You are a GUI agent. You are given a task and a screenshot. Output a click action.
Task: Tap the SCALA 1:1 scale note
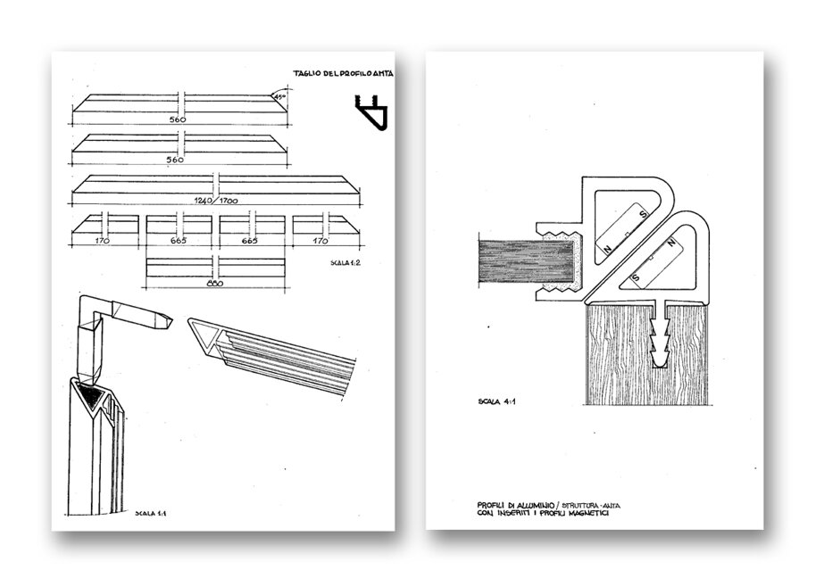146,514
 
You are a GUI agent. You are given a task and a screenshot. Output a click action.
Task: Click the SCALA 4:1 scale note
489,402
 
